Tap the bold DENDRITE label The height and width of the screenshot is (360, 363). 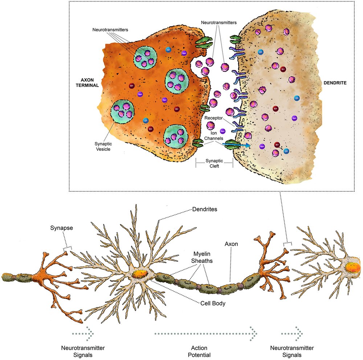[335, 83]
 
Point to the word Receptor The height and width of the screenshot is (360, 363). [213, 118]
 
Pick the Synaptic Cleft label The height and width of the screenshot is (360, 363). [214, 164]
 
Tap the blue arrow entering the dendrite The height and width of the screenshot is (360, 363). [236, 145]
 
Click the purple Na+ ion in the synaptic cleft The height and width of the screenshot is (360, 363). [223, 131]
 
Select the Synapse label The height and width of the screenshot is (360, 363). [61, 229]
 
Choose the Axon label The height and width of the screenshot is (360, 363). [231, 244]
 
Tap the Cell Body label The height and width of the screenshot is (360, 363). [213, 303]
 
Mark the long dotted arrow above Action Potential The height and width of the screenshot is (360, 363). [205, 333]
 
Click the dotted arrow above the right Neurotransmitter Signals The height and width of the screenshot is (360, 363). [292, 332]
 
